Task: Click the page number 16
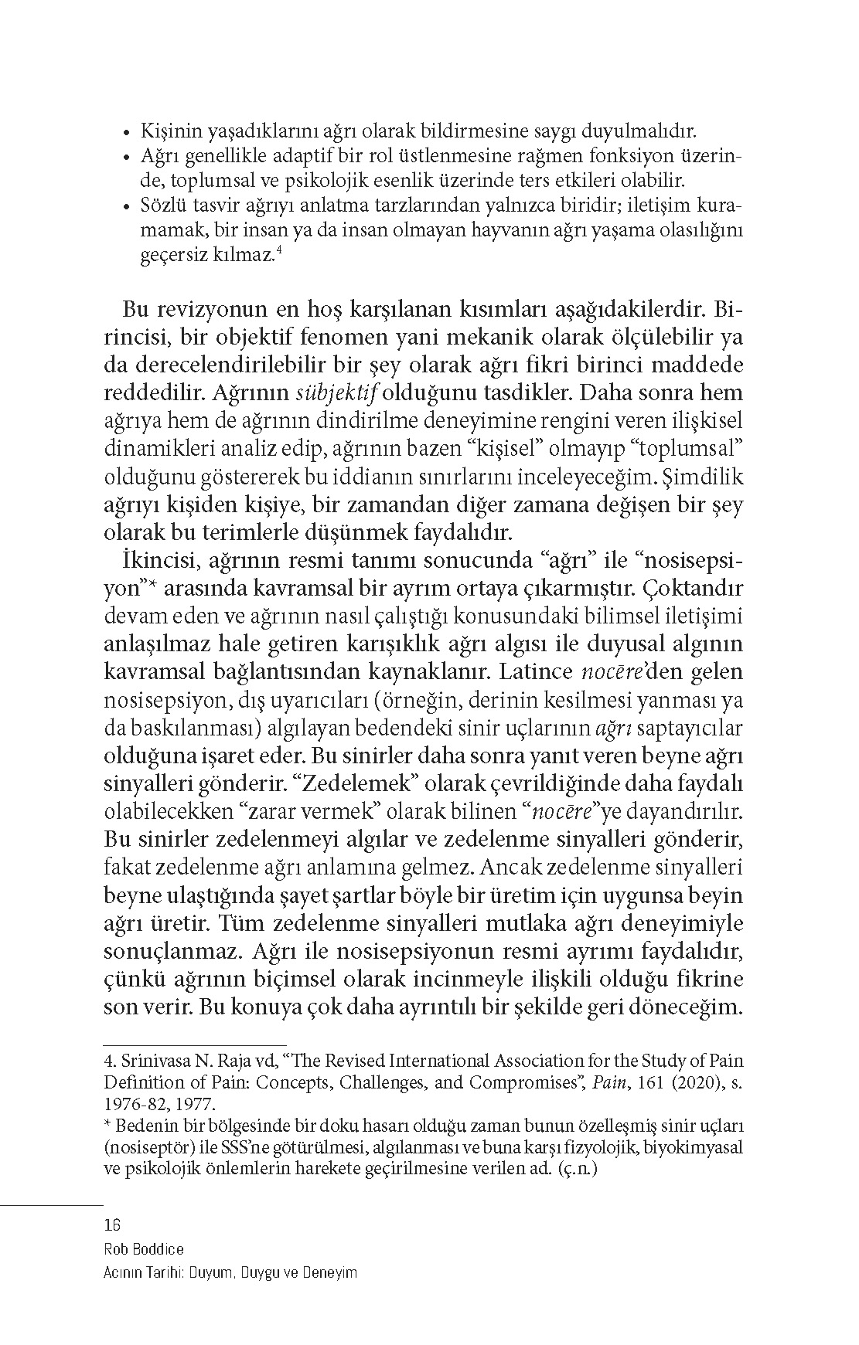click(x=112, y=1225)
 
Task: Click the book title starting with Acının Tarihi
click(x=230, y=1273)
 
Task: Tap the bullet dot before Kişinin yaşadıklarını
click(x=127, y=133)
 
